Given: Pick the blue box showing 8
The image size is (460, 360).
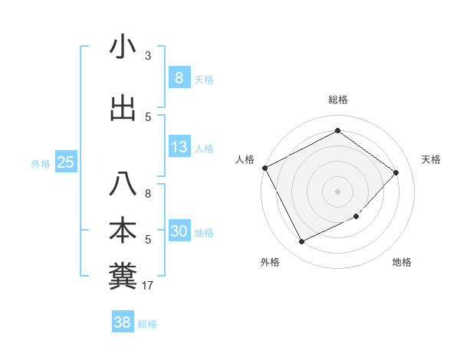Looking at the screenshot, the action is coord(179,78).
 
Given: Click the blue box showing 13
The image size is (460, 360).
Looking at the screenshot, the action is coord(179,147).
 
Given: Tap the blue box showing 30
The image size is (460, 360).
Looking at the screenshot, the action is coord(179,231).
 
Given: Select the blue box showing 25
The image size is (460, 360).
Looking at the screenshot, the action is coord(65,162).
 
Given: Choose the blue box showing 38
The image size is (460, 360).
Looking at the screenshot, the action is coord(123,322).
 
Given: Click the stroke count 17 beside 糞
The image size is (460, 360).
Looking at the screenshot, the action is coord(148,286).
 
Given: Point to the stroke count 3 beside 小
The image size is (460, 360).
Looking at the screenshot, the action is coord(148,56).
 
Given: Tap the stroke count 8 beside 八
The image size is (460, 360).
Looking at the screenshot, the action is coord(148,194).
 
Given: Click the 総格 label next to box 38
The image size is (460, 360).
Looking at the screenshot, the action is coord(147,324).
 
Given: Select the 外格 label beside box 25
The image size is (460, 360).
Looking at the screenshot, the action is coord(41,163).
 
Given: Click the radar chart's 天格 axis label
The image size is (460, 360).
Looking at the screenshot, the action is coord(432,159).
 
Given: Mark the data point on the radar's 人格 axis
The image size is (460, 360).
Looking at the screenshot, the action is coord(264,168).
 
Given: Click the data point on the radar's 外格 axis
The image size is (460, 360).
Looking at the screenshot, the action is coord(301,242).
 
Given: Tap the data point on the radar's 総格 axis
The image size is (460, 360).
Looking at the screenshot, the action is coord(337,130).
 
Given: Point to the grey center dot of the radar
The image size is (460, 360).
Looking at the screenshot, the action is coord(337,191).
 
